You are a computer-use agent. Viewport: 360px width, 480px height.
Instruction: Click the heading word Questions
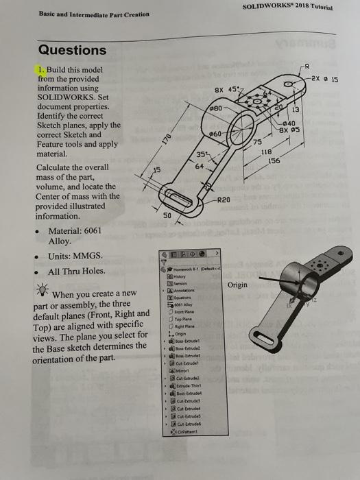72,50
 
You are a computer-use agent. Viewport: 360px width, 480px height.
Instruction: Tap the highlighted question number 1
42,69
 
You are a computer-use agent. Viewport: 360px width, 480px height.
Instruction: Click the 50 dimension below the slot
167,215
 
